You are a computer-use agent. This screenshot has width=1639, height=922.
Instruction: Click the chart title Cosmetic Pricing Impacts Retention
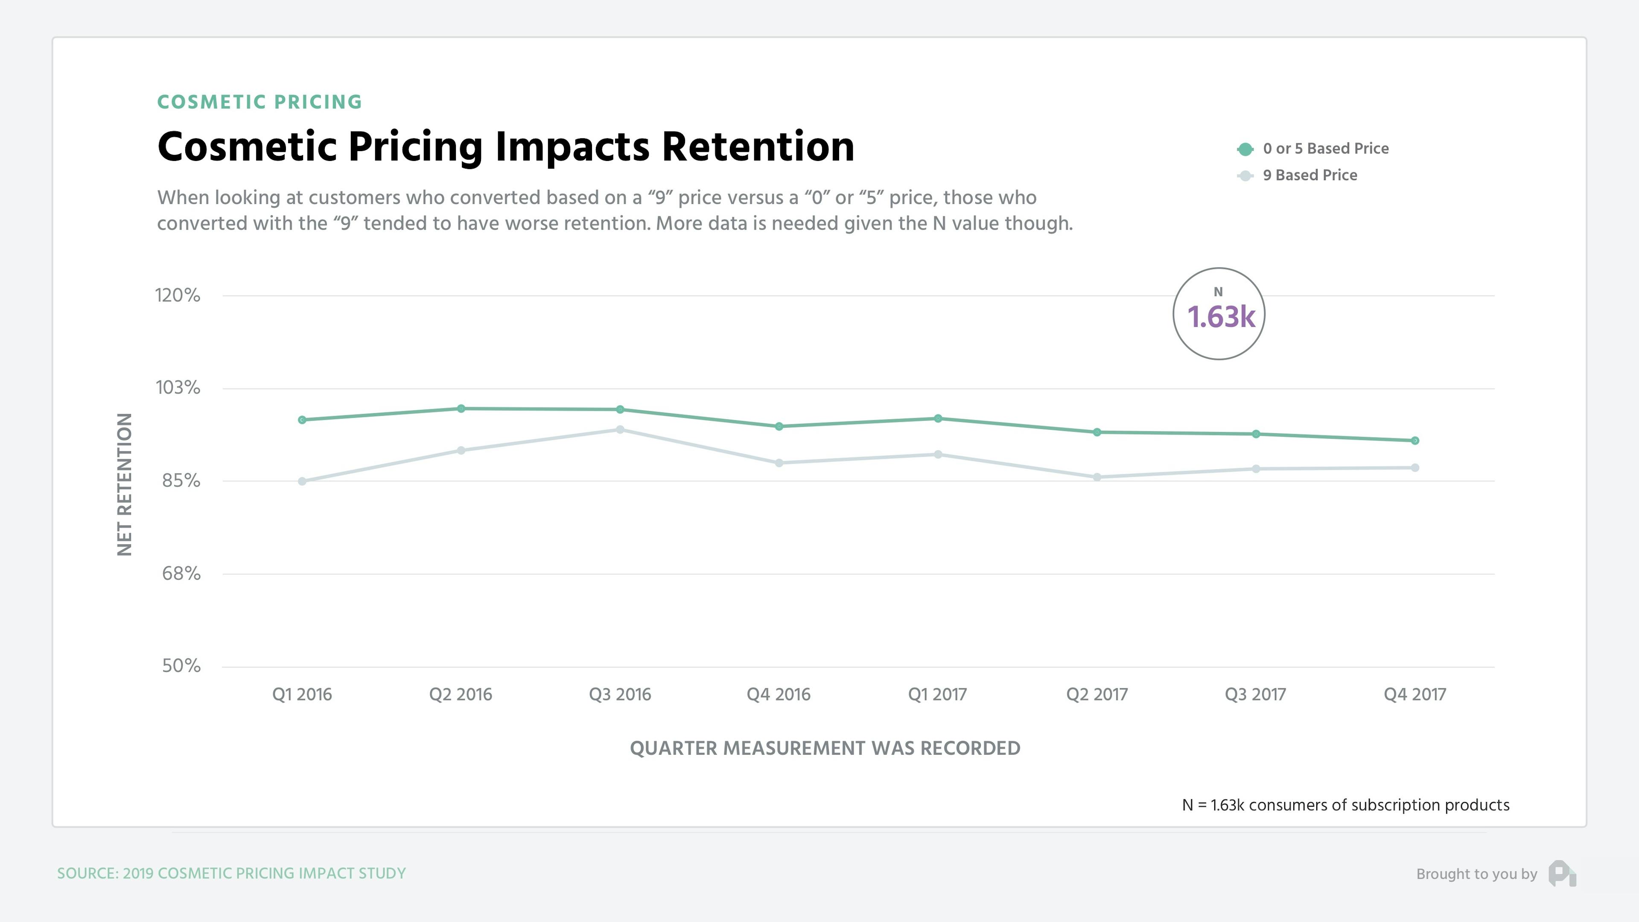506,147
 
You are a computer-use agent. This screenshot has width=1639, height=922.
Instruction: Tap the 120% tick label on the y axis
178,295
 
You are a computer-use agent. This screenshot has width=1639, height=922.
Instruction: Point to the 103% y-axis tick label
178,388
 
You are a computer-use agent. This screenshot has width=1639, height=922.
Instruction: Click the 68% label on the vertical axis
181,573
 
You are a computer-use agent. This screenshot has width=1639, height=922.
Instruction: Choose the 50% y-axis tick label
181,665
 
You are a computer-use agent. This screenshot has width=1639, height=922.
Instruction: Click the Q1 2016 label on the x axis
302,694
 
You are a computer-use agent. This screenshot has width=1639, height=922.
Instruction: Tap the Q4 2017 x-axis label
1414,694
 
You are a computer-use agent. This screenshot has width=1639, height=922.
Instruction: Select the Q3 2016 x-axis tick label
620,694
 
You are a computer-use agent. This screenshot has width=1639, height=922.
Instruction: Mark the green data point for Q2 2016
461,408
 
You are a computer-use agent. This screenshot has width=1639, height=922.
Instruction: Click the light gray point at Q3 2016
620,429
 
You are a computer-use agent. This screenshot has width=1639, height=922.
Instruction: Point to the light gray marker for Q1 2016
302,481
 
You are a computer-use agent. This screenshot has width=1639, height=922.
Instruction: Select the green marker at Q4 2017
1415,441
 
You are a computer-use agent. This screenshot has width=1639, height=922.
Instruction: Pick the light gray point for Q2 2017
1097,477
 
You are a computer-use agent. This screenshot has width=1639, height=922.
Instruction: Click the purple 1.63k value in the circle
1220,317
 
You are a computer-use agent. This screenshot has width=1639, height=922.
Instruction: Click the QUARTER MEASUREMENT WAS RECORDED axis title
825,748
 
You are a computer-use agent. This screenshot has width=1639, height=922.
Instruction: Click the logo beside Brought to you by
1562,874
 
